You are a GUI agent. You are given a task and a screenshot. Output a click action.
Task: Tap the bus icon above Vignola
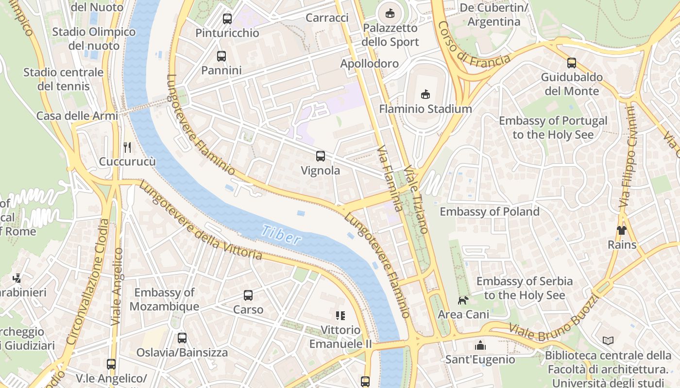(x=321, y=156)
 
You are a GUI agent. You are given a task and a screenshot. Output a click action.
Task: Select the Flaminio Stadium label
(x=425, y=109)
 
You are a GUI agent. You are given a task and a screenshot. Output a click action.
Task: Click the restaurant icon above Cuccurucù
(x=127, y=146)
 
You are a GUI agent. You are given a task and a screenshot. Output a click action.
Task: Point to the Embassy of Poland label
(x=490, y=211)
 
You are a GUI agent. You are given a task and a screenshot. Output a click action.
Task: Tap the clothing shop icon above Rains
(x=622, y=230)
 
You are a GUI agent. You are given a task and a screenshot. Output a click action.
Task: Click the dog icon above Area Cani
(x=463, y=300)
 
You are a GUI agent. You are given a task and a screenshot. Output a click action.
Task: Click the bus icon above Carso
(x=248, y=295)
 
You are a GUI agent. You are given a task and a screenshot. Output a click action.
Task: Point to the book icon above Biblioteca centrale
(x=608, y=340)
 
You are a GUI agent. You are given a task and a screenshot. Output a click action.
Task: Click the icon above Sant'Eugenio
(x=480, y=345)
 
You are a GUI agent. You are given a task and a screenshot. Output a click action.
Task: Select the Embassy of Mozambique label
(x=164, y=299)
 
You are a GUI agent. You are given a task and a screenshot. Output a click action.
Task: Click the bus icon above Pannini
(x=221, y=56)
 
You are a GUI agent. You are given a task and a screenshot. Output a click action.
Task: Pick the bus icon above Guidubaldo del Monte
(x=572, y=63)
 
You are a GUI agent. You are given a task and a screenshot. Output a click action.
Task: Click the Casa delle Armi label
(x=77, y=116)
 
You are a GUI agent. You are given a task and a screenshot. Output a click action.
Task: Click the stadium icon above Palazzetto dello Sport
(x=390, y=14)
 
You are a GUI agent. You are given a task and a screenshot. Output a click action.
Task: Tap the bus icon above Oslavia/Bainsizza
(x=182, y=338)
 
